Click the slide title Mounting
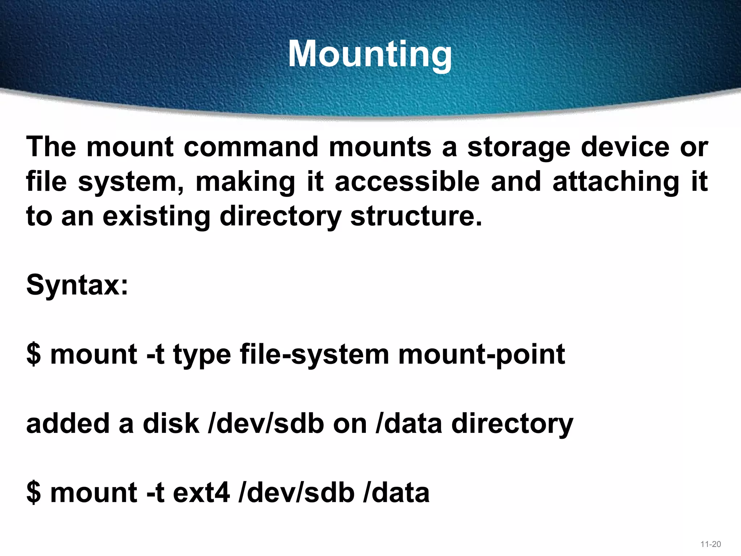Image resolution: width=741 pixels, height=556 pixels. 370,54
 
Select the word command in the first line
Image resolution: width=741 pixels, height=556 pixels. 251,147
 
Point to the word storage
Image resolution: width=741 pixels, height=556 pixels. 518,148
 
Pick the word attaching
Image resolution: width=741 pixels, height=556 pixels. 616,182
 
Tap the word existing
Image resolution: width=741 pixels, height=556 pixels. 156,217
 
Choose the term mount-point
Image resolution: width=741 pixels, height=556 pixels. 482,355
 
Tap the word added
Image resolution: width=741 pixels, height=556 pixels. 68,424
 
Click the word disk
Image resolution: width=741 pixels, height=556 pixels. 171,424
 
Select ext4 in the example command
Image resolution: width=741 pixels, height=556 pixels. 201,493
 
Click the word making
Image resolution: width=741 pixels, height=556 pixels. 245,182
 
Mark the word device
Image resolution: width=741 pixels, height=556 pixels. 625,147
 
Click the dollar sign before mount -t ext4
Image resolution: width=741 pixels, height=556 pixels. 34,493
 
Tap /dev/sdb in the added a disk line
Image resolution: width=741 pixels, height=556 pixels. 266,424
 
